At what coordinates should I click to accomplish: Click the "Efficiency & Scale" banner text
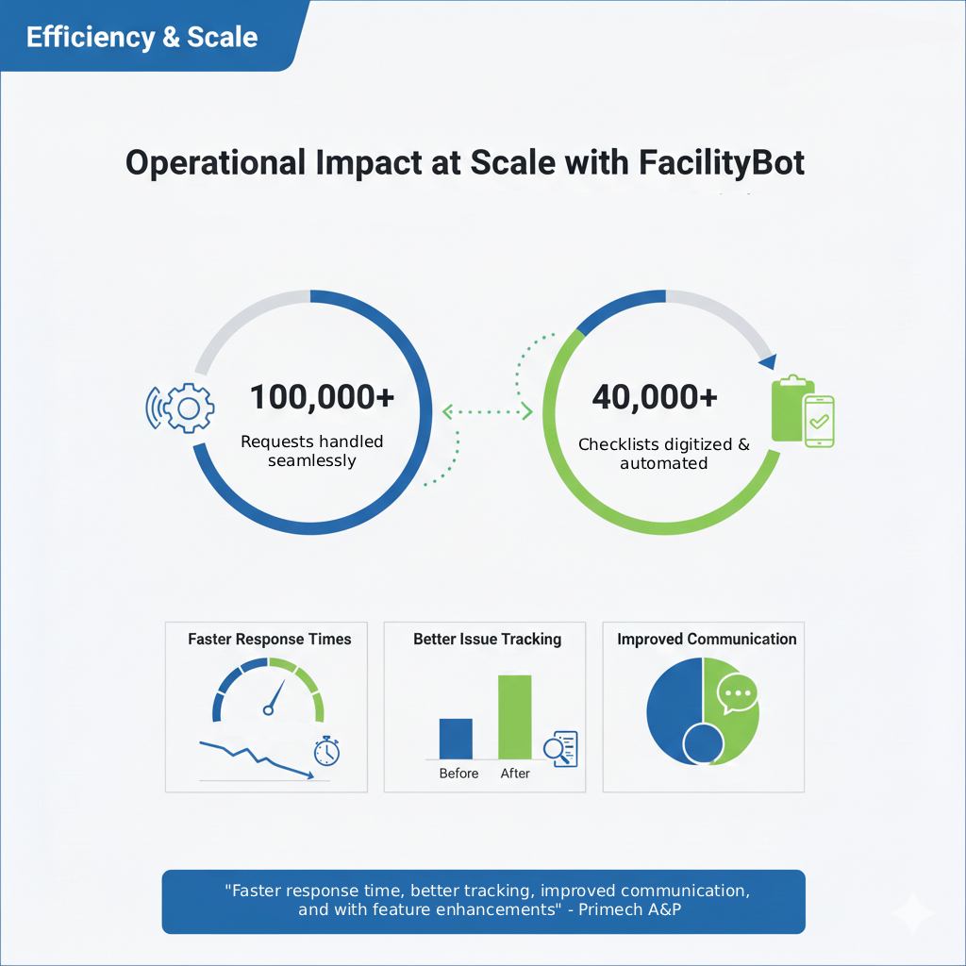click(142, 37)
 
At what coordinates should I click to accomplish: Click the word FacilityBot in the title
click(722, 162)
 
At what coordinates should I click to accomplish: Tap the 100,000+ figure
click(322, 397)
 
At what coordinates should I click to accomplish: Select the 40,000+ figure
click(655, 397)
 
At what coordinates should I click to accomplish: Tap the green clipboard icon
click(791, 409)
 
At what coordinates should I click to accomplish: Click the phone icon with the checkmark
click(819, 421)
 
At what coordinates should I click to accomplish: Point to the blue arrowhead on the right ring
click(768, 361)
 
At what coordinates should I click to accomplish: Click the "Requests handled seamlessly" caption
click(312, 451)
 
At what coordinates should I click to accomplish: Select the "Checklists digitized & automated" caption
click(664, 454)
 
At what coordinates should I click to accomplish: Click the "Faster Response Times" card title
click(269, 639)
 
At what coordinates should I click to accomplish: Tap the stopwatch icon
click(327, 751)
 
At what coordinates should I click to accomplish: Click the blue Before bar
click(456, 739)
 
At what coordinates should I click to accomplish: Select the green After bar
click(515, 717)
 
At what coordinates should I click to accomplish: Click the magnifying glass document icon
click(561, 748)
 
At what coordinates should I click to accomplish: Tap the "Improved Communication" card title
click(707, 639)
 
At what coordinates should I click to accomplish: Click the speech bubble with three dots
click(737, 695)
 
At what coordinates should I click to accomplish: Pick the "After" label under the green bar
click(515, 774)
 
